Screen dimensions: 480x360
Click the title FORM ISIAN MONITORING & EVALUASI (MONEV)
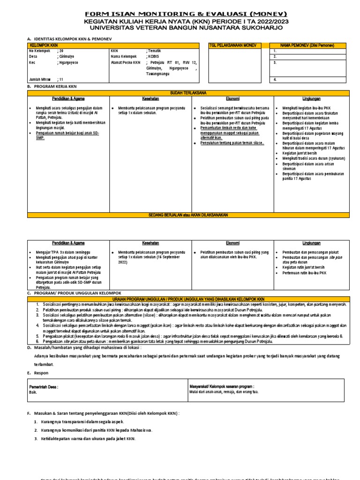(187, 14)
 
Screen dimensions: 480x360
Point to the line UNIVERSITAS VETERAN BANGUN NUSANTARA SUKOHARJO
(187, 29)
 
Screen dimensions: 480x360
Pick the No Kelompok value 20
(60, 51)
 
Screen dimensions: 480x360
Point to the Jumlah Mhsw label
(39, 80)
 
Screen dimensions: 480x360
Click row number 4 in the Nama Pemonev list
(275, 80)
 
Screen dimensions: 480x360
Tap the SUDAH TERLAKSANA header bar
(188, 93)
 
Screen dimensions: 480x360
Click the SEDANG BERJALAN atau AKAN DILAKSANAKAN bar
(188, 215)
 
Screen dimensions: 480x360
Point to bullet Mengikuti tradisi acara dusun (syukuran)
(313, 158)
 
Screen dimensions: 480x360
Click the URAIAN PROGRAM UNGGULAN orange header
(188, 299)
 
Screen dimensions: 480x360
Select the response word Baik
(33, 392)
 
